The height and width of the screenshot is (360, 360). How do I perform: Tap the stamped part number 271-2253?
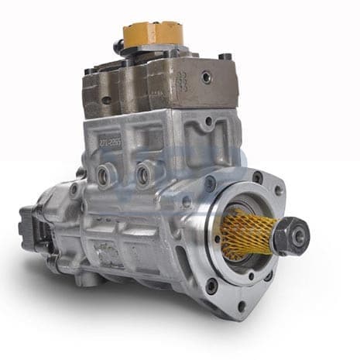tap(111, 141)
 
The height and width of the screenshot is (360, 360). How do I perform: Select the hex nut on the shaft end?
tap(291, 236)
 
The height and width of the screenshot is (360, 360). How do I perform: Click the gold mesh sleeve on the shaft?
tap(246, 233)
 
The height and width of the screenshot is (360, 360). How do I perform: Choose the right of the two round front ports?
tap(142, 177)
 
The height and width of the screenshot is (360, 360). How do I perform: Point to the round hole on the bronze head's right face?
tap(207, 78)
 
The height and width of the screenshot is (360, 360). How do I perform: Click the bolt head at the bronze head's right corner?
tap(225, 57)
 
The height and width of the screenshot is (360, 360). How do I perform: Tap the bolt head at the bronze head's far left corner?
tap(88, 72)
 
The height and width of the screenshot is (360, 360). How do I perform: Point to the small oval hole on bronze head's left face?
tap(105, 100)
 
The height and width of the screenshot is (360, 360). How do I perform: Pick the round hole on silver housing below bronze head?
tap(207, 122)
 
